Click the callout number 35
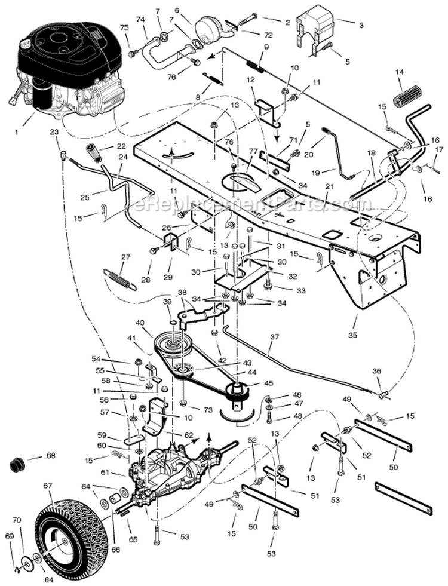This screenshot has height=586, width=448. click(352, 336)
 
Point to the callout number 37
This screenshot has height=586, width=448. click(274, 338)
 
